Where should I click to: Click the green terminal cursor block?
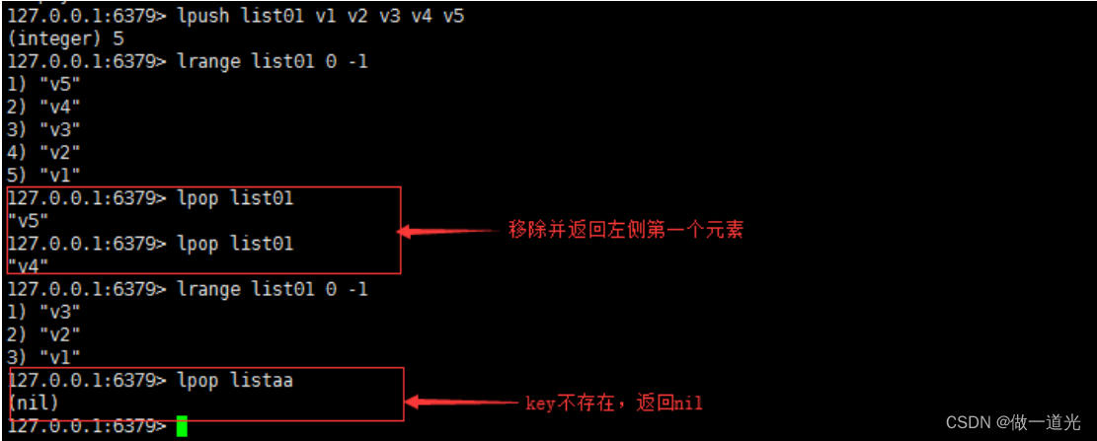point(182,426)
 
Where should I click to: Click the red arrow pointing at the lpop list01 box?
point(449,232)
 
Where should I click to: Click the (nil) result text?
point(33,403)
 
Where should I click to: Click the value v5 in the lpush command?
point(453,16)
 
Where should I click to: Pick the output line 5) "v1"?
point(43,175)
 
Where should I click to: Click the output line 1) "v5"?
point(43,84)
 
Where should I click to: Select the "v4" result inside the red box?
point(28,265)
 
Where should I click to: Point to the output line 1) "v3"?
point(43,312)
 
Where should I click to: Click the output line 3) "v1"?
point(43,356)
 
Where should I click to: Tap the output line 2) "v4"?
point(43,107)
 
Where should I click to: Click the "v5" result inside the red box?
point(28,220)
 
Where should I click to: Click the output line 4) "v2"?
point(43,152)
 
